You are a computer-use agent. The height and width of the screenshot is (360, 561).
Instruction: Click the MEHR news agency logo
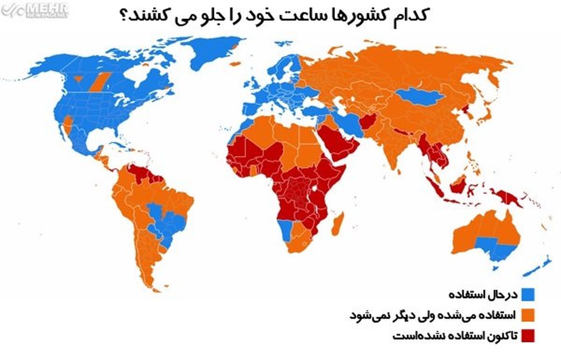(x=35, y=9)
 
